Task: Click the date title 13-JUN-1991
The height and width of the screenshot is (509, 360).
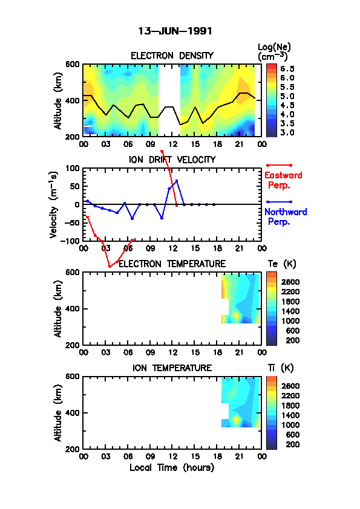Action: tap(175, 31)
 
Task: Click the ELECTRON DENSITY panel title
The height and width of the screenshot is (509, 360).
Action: tap(172, 56)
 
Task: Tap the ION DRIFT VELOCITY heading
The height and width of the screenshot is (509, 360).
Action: tap(172, 160)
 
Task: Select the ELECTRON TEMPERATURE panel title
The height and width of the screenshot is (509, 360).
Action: tap(172, 264)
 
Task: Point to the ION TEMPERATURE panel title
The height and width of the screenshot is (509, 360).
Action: tap(172, 368)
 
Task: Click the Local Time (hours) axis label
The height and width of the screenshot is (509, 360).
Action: tap(172, 468)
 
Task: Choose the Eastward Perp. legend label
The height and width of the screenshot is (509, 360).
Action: tap(283, 180)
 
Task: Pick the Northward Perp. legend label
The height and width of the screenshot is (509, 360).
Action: tap(286, 217)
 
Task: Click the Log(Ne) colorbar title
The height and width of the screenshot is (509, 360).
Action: tap(274, 52)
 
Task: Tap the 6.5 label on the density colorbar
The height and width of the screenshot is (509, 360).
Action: tap(287, 69)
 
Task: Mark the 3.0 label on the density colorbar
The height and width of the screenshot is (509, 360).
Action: tap(287, 132)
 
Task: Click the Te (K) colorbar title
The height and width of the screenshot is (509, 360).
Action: tap(282, 264)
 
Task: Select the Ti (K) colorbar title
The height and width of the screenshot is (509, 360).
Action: tap(281, 368)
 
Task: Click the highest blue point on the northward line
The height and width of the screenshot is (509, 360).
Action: tap(177, 181)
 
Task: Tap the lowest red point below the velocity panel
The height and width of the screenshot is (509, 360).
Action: tap(110, 267)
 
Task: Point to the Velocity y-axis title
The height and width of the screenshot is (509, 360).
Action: tap(54, 205)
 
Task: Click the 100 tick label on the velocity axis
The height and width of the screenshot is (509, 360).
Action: tap(73, 168)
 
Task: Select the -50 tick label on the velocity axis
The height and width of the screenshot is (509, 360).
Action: tap(72, 222)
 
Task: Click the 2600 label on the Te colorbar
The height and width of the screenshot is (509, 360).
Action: tap(290, 282)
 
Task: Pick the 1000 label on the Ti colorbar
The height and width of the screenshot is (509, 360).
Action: tap(290, 425)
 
